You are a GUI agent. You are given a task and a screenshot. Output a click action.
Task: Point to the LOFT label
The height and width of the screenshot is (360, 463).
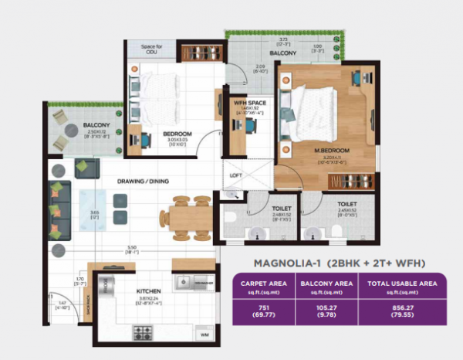[236, 175]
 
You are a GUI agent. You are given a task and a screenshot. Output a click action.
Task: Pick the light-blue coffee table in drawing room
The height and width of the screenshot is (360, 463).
[95, 210]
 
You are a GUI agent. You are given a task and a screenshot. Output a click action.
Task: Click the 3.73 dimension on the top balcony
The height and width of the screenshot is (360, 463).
[283, 38]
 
